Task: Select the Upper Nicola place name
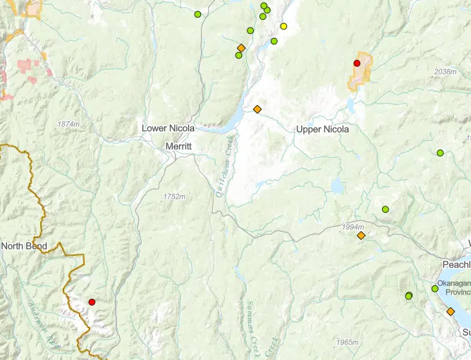322,129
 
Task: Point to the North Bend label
25,246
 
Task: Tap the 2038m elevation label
446,72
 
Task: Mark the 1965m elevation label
348,342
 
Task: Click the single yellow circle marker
283,26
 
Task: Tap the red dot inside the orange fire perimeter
357,63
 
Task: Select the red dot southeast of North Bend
92,302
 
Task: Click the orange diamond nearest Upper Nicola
257,109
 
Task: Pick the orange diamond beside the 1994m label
361,236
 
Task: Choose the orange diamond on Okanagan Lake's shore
450,311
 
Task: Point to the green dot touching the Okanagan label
435,289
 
